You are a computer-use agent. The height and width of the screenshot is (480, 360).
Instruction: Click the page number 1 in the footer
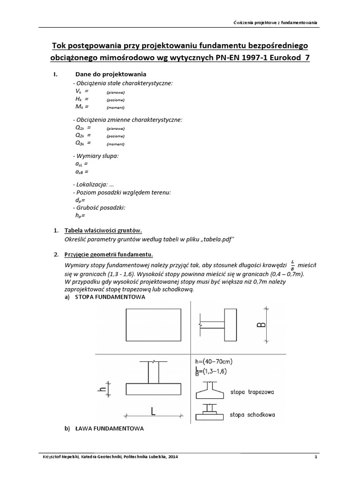(316, 457)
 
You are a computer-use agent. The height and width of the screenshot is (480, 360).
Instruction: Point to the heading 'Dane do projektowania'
(111, 75)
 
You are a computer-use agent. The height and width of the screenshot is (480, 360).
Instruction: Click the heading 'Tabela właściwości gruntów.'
(103, 231)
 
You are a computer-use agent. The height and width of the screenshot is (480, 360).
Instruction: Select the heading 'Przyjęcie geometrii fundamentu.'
(108, 255)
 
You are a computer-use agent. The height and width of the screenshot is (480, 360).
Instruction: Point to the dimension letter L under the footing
(153, 411)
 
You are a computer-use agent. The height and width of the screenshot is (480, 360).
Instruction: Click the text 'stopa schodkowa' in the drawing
(253, 414)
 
